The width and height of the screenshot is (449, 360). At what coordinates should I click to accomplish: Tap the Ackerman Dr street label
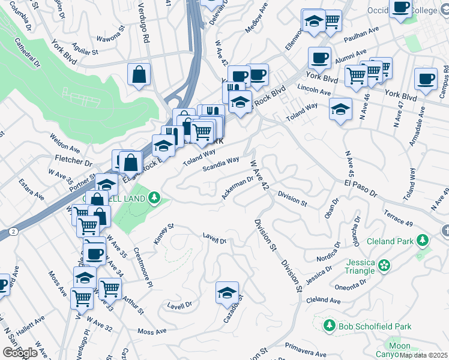[x=238, y=187]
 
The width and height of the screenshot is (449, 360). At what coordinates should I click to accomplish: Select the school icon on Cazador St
[x=227, y=293]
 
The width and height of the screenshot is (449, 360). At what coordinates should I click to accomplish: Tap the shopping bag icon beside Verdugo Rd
[x=139, y=75]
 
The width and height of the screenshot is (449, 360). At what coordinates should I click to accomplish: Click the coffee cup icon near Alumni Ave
[x=319, y=58]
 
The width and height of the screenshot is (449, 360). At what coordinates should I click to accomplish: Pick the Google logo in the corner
[x=20, y=353]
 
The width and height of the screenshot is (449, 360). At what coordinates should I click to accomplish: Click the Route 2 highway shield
[x=13, y=230]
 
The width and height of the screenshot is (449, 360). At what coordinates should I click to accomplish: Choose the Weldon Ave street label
[x=65, y=148]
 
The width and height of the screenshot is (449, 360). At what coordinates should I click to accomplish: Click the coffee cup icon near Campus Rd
[x=426, y=79]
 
